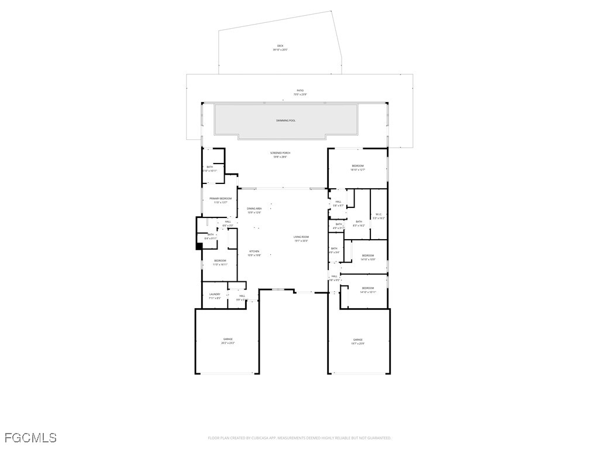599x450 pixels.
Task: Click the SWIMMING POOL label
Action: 286,120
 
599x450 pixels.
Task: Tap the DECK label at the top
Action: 280,46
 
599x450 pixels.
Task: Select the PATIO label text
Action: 300,90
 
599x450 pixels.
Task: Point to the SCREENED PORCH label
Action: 281,153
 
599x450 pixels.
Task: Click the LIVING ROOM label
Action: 301,237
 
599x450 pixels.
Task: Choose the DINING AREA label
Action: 254,209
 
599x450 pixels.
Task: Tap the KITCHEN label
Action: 254,251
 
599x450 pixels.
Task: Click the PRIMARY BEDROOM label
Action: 221,199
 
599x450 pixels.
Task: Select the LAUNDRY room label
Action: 215,294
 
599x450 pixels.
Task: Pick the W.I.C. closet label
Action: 379,214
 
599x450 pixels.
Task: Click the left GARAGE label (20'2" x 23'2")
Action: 228,339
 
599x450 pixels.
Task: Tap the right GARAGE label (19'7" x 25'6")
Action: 358,340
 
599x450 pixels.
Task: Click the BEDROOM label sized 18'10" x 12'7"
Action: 357,166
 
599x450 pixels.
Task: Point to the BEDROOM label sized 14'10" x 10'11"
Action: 367,288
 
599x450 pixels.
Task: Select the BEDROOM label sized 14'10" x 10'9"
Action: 367,255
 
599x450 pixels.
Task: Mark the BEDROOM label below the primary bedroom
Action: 220,261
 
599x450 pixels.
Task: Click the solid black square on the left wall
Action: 199,246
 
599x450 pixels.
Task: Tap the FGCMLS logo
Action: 30,438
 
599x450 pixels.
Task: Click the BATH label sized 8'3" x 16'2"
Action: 359,221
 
